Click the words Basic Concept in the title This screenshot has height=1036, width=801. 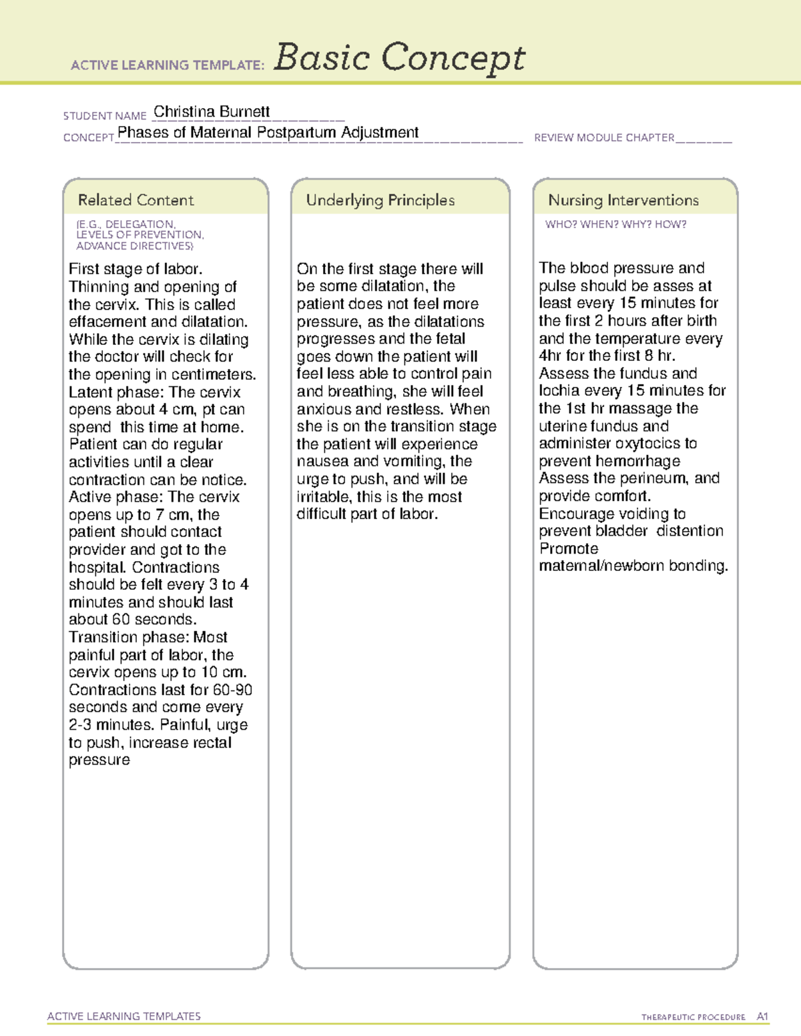(399, 58)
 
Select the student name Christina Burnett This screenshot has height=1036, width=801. (212, 111)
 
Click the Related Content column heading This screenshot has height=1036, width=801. (136, 200)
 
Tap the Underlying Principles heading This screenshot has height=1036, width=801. (380, 200)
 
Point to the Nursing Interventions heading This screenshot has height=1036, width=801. (623, 200)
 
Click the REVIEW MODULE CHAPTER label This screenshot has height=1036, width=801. (604, 137)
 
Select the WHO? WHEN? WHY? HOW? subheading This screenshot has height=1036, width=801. (615, 224)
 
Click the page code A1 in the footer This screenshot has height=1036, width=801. (762, 1017)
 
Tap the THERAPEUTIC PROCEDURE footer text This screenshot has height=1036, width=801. (693, 1017)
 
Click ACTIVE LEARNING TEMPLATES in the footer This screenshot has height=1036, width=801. (124, 1016)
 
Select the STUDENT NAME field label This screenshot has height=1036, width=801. (105, 116)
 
